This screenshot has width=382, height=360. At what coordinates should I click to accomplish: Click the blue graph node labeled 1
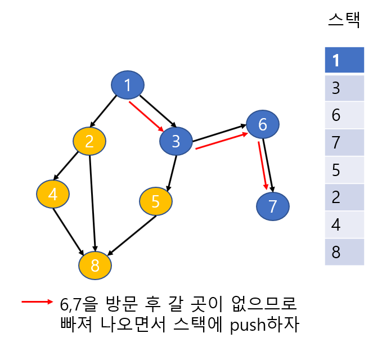(x=128, y=85)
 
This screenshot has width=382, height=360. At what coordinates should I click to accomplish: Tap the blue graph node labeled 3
(x=176, y=141)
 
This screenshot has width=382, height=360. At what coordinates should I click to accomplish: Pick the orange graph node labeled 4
(x=53, y=194)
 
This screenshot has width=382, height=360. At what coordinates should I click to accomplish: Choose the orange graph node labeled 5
(x=156, y=201)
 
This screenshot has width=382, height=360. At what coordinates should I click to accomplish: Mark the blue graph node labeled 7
(x=273, y=206)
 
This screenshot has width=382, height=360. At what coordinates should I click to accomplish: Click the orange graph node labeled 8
(x=95, y=264)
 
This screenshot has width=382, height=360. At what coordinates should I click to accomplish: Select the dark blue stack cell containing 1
(x=344, y=60)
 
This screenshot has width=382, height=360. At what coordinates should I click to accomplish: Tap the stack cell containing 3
(x=344, y=88)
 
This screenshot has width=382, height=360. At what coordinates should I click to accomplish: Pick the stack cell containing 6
(x=344, y=115)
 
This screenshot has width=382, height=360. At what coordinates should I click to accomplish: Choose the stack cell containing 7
(x=344, y=142)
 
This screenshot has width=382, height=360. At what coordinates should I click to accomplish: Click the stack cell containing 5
(x=344, y=170)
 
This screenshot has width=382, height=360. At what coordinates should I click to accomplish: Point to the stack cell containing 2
(x=344, y=197)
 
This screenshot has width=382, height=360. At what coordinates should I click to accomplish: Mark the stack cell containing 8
(x=344, y=252)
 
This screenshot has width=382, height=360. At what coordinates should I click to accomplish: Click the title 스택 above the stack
(x=344, y=21)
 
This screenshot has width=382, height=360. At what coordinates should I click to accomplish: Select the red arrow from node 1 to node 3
(x=146, y=116)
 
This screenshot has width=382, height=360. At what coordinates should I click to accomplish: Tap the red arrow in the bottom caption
(x=37, y=302)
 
